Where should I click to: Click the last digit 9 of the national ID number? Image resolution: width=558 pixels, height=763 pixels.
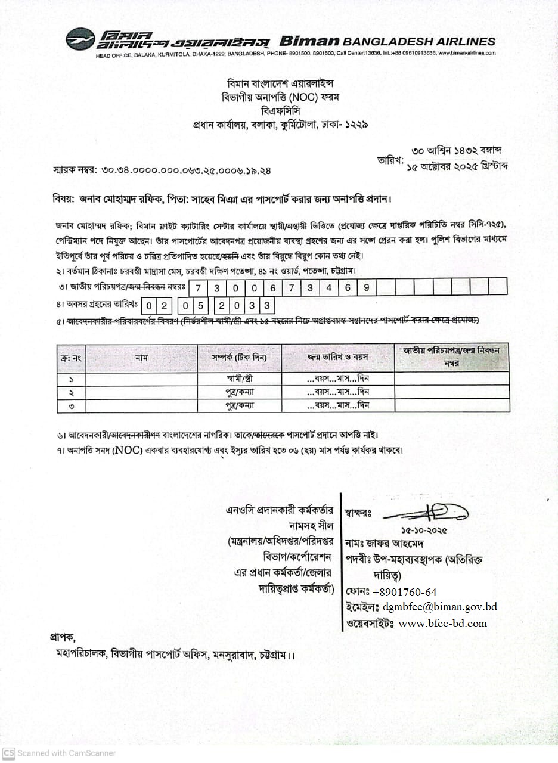(x=366, y=287)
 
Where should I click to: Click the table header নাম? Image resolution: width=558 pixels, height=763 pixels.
(x=141, y=358)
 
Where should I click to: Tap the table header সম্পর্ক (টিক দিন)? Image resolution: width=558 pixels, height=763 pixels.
(x=239, y=358)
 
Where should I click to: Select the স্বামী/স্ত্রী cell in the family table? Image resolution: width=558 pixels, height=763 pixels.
(x=239, y=379)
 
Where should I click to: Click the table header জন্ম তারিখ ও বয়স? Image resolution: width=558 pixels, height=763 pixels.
(x=337, y=358)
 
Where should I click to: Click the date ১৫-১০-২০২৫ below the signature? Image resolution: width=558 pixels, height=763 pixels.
(x=424, y=530)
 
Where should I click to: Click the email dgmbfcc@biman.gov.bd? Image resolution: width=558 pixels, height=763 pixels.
(x=440, y=607)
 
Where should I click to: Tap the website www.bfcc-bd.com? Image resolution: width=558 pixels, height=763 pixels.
(x=442, y=624)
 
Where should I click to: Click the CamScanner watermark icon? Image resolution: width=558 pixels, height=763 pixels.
(x=8, y=753)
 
